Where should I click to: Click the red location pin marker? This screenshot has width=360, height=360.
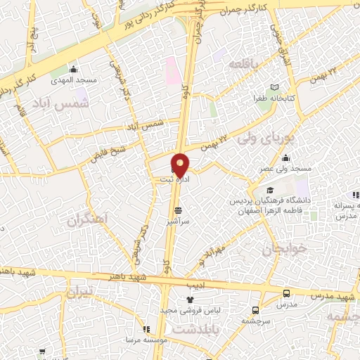pyautogui.click(x=181, y=164)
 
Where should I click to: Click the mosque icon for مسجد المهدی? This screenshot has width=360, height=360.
pyautogui.click(x=73, y=69)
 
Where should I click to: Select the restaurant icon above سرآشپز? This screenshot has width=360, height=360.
pyautogui.click(x=177, y=210)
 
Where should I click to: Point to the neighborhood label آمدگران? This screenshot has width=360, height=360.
pyautogui.click(x=89, y=219)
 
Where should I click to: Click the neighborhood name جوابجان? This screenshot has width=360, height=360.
pyautogui.click(x=280, y=250)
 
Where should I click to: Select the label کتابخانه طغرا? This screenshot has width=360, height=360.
pyautogui.click(x=281, y=99)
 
